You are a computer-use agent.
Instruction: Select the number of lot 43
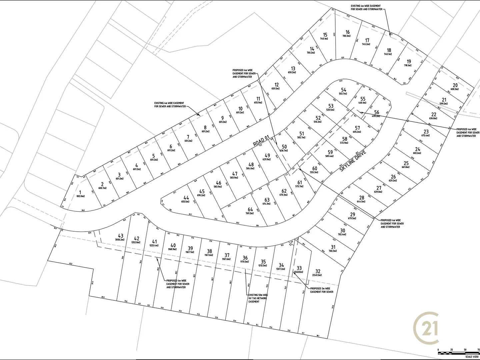(121, 236)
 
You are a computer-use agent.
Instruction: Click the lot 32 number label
(317, 271)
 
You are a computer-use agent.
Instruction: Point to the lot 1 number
(80, 192)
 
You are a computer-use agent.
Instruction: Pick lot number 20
(455, 85)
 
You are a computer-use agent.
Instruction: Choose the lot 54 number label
(344, 90)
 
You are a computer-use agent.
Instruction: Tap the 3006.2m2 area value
(120, 240)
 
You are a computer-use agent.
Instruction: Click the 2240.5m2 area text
(317, 275)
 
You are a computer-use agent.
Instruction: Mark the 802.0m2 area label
(80, 196)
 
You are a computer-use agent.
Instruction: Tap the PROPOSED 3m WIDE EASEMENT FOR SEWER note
(322, 290)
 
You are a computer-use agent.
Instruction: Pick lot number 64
(250, 209)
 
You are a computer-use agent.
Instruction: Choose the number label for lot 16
(347, 32)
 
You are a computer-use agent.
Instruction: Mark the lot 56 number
(377, 112)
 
